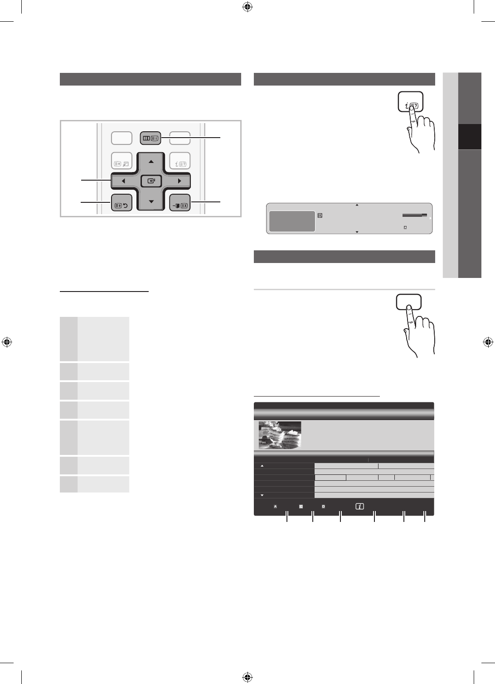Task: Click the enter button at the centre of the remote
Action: pos(150,181)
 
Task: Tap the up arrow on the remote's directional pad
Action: pos(150,162)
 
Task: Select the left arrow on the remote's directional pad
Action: pos(123,181)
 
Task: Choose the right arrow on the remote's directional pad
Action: pos(180,181)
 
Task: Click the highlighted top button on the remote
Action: pos(150,138)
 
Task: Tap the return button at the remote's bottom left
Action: pos(121,205)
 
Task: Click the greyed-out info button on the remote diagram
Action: pos(180,160)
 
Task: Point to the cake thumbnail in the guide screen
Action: pos(280,435)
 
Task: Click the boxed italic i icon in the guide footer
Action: pos(359,507)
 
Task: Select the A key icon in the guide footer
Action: pos(275,507)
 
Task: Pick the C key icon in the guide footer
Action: pos(301,507)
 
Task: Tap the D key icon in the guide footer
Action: pos(323,507)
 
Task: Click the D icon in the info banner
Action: pos(320,215)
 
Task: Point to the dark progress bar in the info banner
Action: pos(414,215)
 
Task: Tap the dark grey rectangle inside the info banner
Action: pos(292,221)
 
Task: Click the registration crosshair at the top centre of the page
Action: pos(247,7)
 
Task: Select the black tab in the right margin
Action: pos(469,136)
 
